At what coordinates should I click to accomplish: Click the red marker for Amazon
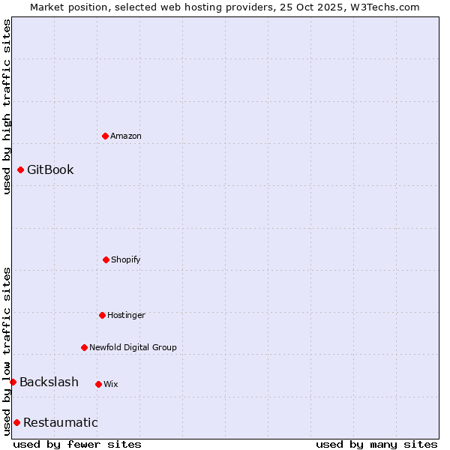(x=105, y=136)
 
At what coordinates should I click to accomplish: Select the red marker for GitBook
(x=20, y=169)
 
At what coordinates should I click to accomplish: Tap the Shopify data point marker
(x=106, y=259)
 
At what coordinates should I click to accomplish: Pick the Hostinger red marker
(x=102, y=315)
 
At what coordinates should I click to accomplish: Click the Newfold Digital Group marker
(x=84, y=347)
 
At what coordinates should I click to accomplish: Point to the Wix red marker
(x=98, y=384)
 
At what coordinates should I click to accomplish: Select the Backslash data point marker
(x=13, y=382)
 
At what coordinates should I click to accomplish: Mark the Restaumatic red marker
(x=16, y=422)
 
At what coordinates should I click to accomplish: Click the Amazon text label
(x=126, y=136)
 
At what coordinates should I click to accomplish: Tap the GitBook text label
(x=50, y=169)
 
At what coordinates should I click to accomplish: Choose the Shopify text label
(x=126, y=259)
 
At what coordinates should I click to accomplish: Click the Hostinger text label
(x=126, y=315)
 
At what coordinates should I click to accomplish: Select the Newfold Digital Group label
(x=133, y=347)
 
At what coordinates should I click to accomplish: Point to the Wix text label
(x=111, y=384)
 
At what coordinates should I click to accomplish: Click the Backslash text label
(x=49, y=382)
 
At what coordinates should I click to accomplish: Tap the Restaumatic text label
(x=60, y=422)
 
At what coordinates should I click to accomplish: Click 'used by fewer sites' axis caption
(x=77, y=444)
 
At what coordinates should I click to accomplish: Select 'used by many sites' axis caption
(x=376, y=444)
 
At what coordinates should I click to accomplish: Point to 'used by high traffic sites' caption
(x=7, y=106)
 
